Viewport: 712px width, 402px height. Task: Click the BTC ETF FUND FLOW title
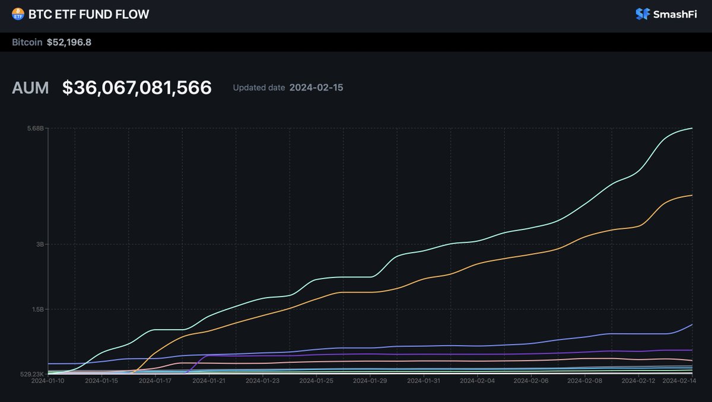(x=88, y=14)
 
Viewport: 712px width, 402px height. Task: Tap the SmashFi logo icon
(x=643, y=14)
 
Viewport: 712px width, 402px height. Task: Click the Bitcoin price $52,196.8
(x=69, y=42)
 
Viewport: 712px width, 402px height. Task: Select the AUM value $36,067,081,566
(x=137, y=88)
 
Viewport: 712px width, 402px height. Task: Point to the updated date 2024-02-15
(x=316, y=88)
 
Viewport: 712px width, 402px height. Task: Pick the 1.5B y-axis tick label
(x=37, y=309)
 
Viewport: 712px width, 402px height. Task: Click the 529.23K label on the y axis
(x=32, y=374)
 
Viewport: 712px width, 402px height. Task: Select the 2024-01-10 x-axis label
(x=47, y=381)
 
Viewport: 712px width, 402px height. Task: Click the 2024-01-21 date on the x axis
(x=209, y=381)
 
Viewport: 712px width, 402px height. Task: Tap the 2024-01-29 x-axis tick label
(x=370, y=381)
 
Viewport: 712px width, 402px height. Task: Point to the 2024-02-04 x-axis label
(x=478, y=381)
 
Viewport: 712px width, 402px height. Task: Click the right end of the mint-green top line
(x=692, y=129)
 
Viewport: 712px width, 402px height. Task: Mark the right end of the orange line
(x=692, y=195)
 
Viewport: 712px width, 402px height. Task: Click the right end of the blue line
(x=692, y=324)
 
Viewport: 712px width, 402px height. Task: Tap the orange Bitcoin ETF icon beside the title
(x=18, y=14)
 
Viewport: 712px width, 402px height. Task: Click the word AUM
(x=31, y=88)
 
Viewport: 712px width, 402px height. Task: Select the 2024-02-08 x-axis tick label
(x=585, y=381)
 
